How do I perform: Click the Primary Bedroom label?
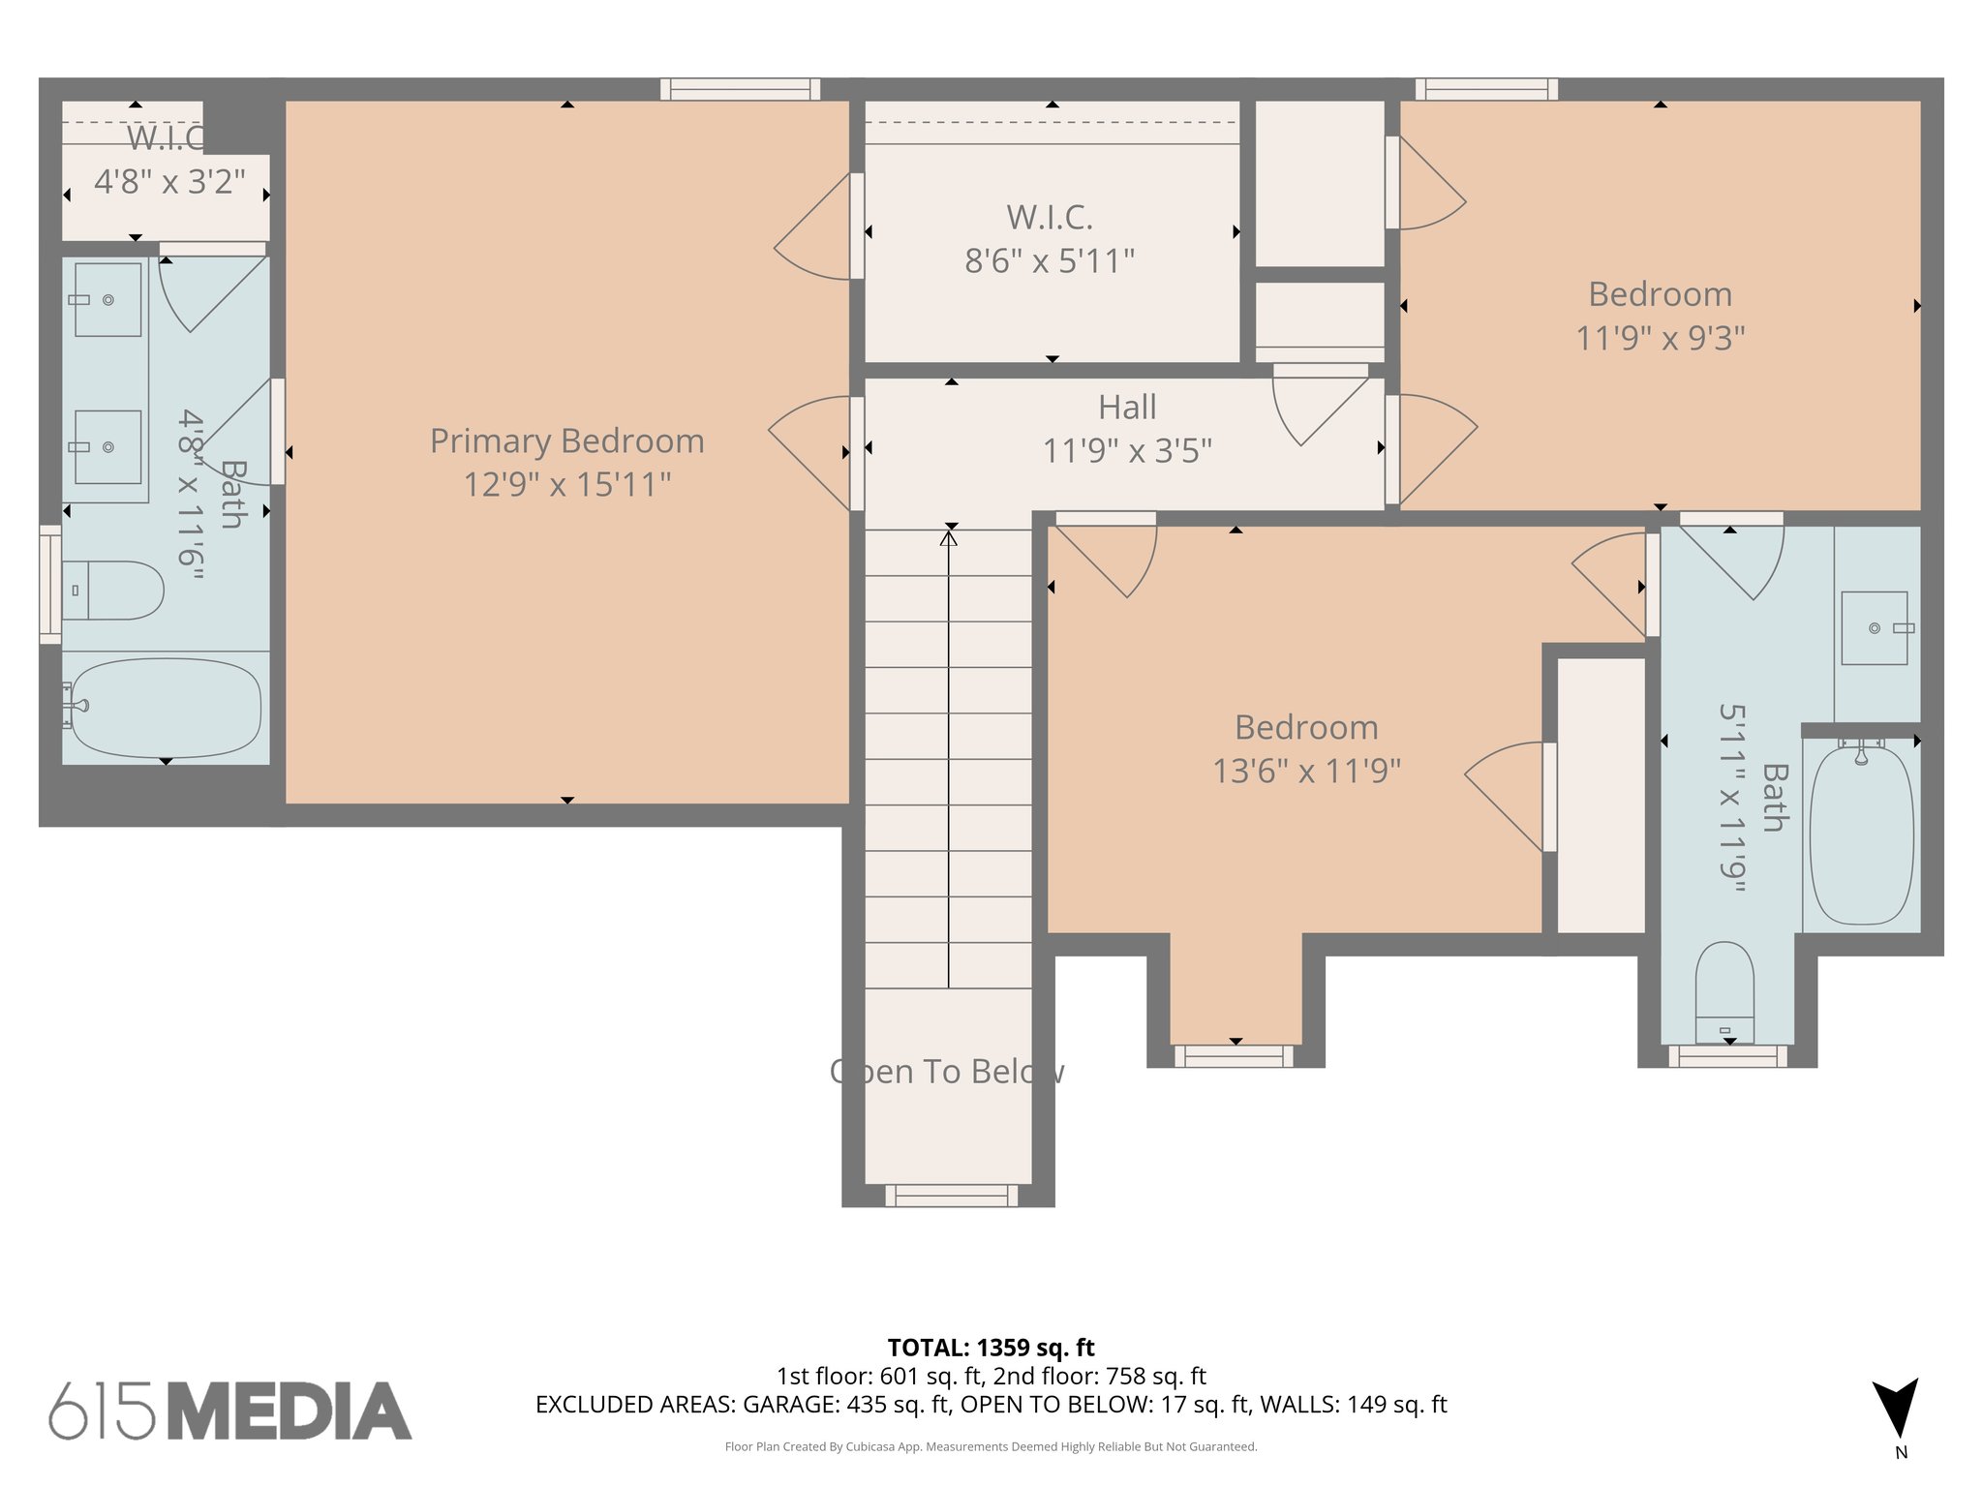coord(566,441)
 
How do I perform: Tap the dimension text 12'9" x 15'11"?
coord(566,484)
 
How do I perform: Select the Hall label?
coord(1127,408)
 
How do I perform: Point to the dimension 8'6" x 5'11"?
coord(1050,260)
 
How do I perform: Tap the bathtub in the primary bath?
coord(166,708)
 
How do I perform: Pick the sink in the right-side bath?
coord(1875,628)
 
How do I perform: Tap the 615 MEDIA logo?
coord(230,1411)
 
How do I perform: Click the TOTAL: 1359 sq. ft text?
coord(991,1348)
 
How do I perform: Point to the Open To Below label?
coord(947,1072)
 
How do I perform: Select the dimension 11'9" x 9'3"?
coord(1660,338)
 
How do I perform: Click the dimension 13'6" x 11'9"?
coord(1306,771)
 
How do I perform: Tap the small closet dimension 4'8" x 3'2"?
coord(169,181)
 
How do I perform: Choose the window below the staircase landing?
coord(951,1196)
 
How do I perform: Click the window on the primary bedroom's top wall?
coord(741,89)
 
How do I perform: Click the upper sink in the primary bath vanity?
coord(107,299)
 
